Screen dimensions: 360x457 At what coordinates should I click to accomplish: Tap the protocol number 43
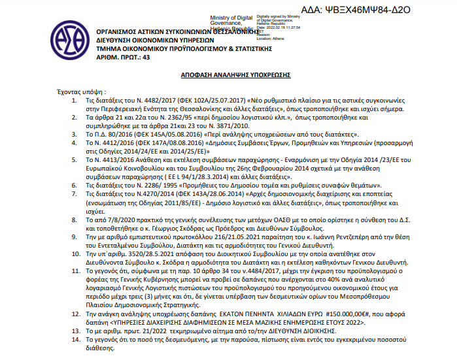[x=146, y=57]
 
